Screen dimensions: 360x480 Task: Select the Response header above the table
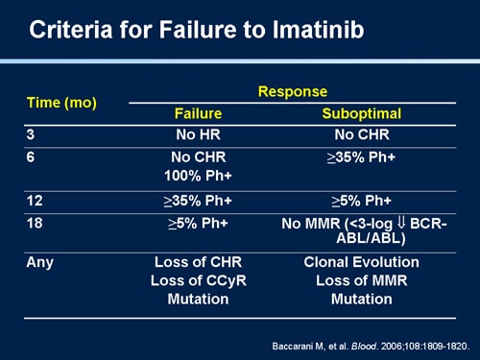(293, 92)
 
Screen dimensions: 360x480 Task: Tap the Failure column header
(198, 113)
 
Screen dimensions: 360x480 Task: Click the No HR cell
(198, 135)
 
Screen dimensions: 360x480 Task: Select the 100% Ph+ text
(198, 176)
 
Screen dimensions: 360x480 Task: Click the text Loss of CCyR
(198, 280)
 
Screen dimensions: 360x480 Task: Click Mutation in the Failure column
(198, 299)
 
